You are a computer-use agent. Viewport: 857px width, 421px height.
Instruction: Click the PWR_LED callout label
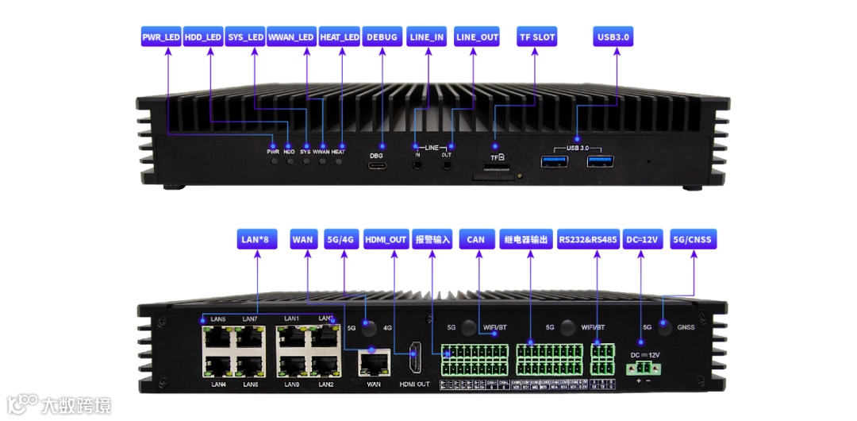(x=161, y=37)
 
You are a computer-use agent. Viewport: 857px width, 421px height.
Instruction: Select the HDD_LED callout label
(x=203, y=37)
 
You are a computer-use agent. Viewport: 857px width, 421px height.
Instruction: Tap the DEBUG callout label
(x=382, y=37)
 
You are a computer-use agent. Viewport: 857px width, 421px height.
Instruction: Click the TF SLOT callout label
(x=537, y=37)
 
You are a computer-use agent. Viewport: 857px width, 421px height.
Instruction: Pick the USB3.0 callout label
(x=613, y=37)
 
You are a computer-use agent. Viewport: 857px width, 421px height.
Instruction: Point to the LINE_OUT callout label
(x=478, y=37)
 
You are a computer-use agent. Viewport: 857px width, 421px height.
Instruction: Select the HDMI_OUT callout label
(x=386, y=239)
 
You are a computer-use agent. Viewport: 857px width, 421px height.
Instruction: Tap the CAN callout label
(x=475, y=239)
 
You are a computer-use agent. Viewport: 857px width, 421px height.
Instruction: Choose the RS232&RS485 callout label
(x=588, y=239)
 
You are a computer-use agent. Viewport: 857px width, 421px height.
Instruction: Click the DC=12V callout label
(x=643, y=239)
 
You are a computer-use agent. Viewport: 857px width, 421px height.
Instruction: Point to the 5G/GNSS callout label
(x=692, y=239)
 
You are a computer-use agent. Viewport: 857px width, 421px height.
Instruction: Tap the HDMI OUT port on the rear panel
(x=413, y=361)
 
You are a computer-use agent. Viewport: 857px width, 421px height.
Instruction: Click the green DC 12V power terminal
(x=644, y=368)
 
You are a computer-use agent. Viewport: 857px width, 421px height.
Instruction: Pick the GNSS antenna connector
(x=664, y=327)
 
